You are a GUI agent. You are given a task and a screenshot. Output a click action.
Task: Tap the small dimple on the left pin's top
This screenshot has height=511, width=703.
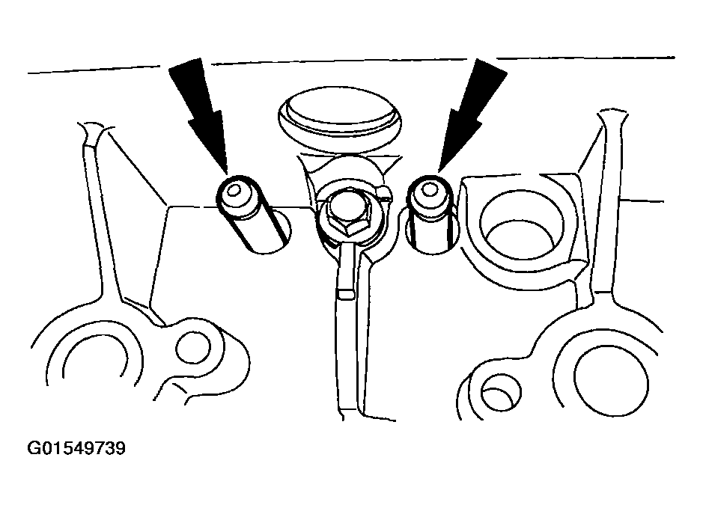[x=234, y=192]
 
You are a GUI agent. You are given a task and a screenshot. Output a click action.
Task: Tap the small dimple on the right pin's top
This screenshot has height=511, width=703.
[x=429, y=190]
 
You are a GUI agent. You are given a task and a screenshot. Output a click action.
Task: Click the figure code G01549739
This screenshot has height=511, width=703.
[x=76, y=448]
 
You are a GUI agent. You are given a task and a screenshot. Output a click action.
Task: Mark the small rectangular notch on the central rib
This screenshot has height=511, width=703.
[x=346, y=294]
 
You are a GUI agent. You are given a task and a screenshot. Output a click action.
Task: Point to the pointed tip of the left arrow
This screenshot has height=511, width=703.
[x=227, y=173]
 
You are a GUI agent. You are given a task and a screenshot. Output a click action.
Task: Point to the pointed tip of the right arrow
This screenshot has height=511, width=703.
[x=439, y=171]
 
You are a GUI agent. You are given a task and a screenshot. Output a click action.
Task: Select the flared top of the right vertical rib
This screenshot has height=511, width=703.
[x=612, y=120]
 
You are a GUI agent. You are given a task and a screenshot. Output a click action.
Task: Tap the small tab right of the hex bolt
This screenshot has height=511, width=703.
[x=385, y=193]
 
